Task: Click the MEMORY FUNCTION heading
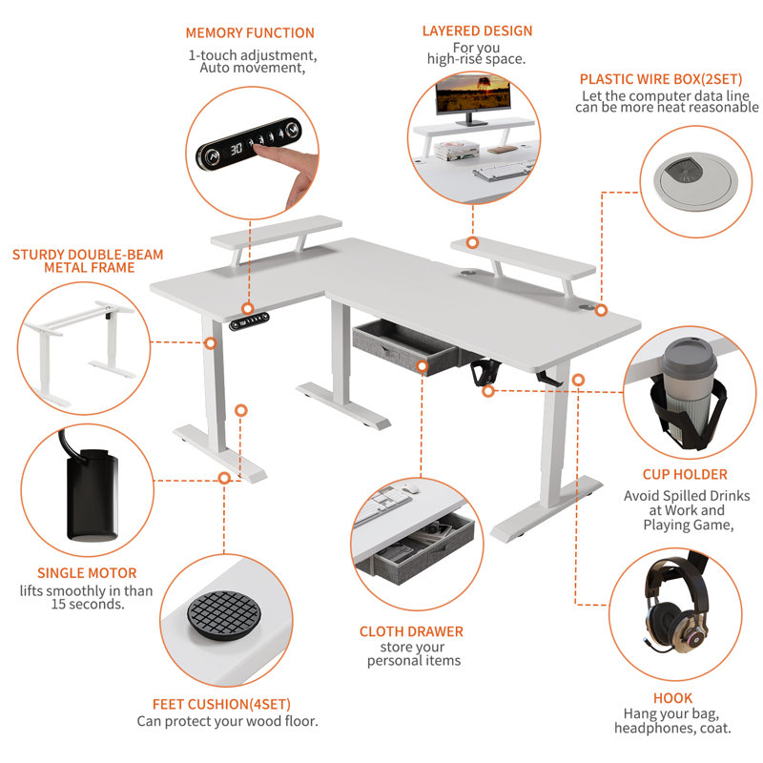click(x=250, y=33)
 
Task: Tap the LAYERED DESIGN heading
click(x=477, y=31)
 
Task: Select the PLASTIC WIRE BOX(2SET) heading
click(x=661, y=79)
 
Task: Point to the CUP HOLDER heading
click(x=685, y=474)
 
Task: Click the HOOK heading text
click(x=672, y=698)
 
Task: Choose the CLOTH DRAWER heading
click(x=411, y=631)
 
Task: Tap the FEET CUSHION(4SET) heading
click(x=221, y=704)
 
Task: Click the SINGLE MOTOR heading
click(x=87, y=573)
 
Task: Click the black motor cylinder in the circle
click(x=92, y=495)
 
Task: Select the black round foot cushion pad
click(x=224, y=615)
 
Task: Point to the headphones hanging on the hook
click(x=676, y=606)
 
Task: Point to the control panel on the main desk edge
click(x=249, y=321)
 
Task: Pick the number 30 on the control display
click(x=237, y=149)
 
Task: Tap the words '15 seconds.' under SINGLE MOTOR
click(x=88, y=605)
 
